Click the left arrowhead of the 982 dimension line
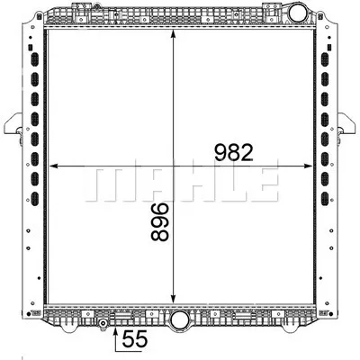click(x=51, y=166)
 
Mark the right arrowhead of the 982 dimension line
click(x=309, y=166)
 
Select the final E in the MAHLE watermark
click(x=260, y=184)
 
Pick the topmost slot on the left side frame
click(x=36, y=58)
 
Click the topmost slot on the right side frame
click(x=325, y=58)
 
